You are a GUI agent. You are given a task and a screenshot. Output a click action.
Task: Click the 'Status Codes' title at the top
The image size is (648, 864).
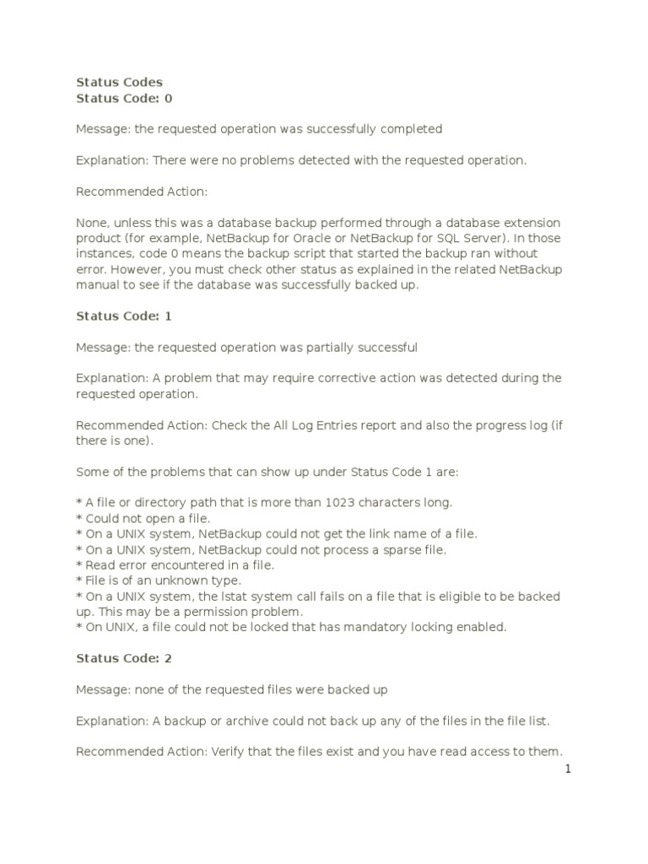[x=119, y=82]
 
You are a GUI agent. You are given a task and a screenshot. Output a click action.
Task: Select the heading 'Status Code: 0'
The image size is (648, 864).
[x=123, y=98]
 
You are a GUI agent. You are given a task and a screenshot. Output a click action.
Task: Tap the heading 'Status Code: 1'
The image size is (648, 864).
[x=123, y=316]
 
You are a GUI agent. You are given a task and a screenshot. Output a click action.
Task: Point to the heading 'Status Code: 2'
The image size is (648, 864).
[x=123, y=658]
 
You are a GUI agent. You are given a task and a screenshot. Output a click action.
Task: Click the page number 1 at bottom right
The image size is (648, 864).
[x=569, y=769]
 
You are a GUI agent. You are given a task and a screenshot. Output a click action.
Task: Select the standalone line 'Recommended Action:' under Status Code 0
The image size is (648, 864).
[x=141, y=192]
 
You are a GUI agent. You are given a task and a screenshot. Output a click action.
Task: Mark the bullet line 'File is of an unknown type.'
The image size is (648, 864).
[x=158, y=580]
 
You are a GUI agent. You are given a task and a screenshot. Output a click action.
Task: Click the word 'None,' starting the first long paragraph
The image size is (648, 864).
[x=91, y=223]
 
